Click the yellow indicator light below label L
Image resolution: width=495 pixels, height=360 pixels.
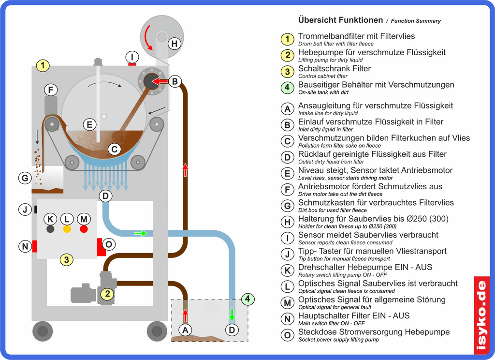click(x=67, y=229)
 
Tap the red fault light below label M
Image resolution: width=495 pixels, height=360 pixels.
click(x=84, y=229)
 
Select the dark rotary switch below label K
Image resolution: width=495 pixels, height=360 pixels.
click(x=50, y=229)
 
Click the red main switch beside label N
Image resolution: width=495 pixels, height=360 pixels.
click(x=35, y=246)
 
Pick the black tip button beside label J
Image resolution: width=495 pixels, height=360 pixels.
click(x=36, y=210)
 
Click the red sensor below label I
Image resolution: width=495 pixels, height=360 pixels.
click(x=132, y=63)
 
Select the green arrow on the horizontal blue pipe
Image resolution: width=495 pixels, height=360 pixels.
click(x=140, y=233)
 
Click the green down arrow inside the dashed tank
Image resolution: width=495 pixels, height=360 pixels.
click(x=232, y=315)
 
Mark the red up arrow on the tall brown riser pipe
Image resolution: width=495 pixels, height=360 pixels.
click(x=185, y=170)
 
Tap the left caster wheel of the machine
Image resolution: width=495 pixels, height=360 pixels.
click(x=42, y=331)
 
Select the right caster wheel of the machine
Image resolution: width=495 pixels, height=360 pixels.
click(x=156, y=331)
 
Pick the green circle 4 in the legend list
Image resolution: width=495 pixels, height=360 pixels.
click(x=287, y=88)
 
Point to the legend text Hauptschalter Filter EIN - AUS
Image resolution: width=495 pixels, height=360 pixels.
click(x=354, y=316)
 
